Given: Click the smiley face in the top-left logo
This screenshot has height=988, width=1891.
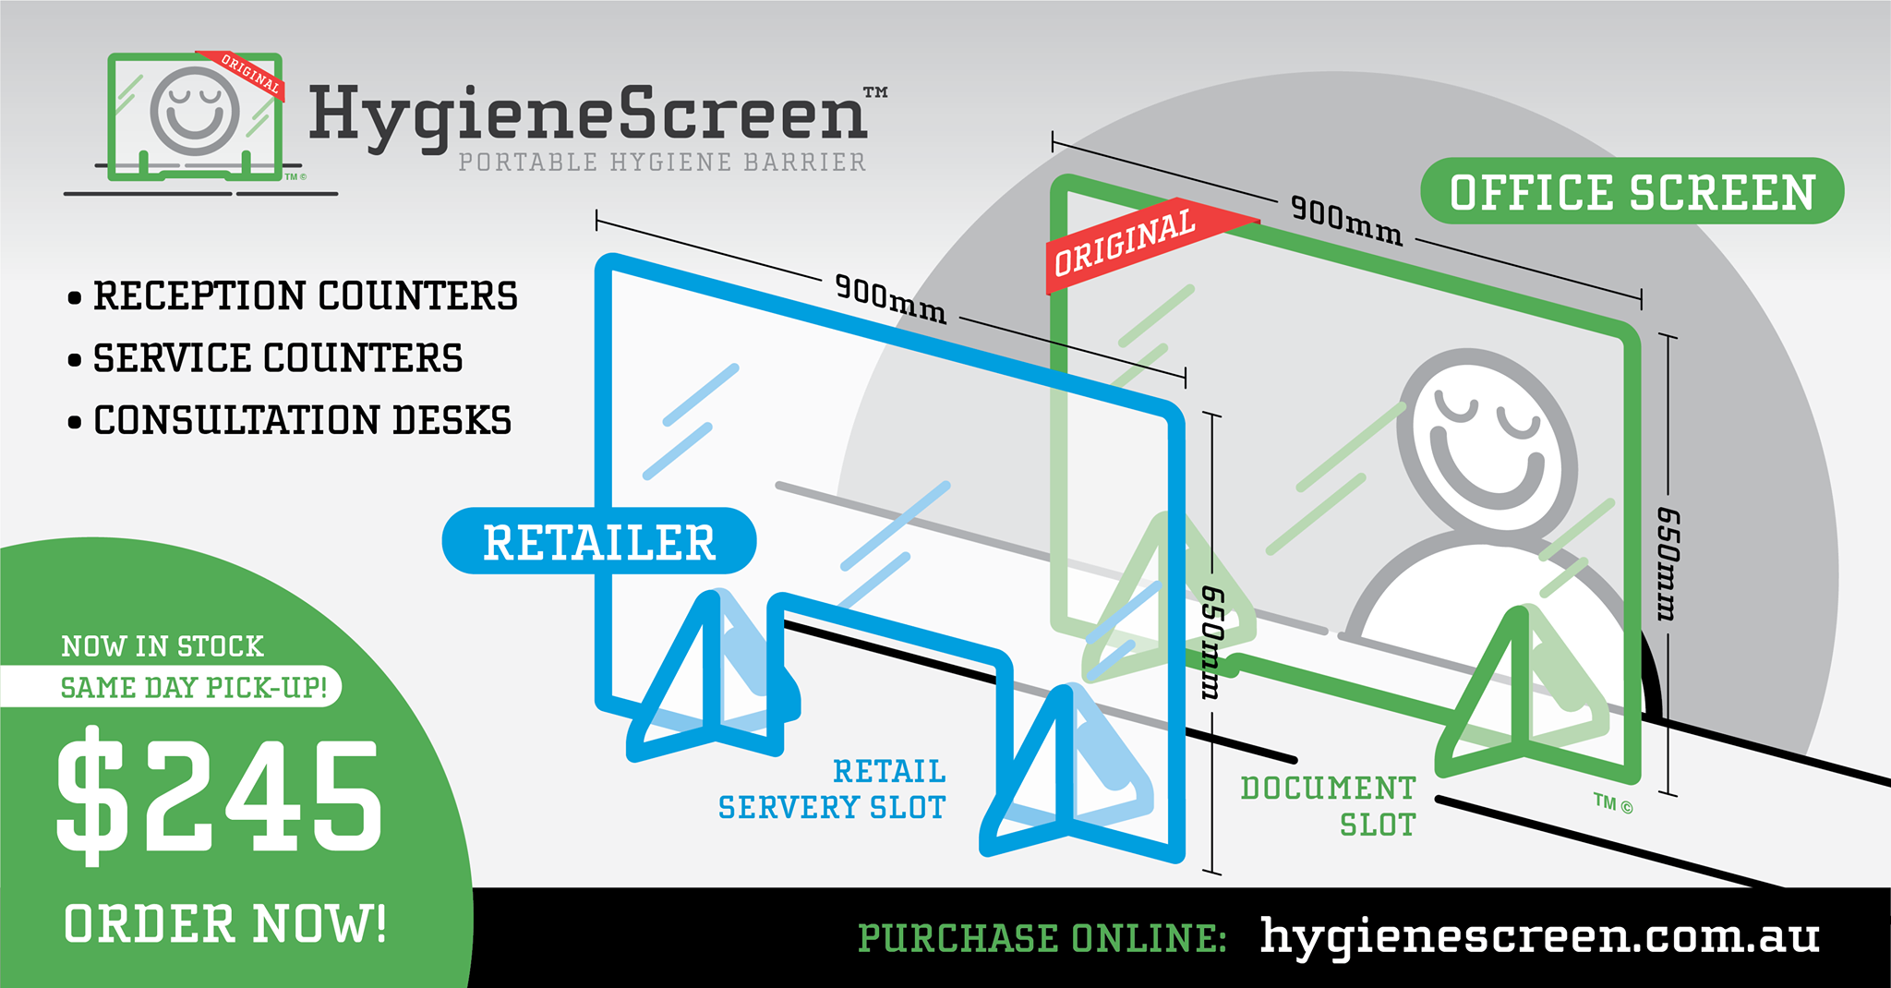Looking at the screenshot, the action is click(195, 110).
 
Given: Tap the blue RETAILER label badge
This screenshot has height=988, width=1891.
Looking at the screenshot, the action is click(599, 541).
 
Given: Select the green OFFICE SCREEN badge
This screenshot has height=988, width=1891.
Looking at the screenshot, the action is click(1632, 191).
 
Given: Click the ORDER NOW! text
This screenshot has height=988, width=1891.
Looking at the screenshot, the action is click(225, 924).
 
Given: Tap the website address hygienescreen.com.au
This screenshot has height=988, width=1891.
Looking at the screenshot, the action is click(1540, 936).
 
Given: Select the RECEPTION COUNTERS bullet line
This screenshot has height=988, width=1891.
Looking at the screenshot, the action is click(293, 296).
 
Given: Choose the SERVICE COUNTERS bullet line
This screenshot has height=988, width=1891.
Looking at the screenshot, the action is click(265, 358).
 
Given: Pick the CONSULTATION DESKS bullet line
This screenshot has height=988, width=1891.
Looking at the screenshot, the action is click(290, 420).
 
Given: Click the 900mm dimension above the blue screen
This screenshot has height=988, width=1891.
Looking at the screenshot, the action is click(891, 298).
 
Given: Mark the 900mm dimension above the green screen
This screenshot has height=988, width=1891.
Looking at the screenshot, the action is click(1346, 221).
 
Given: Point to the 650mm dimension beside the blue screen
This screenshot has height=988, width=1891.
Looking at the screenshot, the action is click(1211, 643).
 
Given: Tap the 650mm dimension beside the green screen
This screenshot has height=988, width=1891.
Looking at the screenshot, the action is click(1668, 564).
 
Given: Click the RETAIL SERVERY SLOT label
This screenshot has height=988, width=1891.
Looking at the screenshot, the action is click(832, 789).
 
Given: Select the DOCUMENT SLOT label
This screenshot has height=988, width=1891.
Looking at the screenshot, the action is click(1328, 806).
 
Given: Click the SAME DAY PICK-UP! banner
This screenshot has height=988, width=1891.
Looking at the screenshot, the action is click(194, 688).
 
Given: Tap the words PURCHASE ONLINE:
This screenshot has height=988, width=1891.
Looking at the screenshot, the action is click(1042, 938).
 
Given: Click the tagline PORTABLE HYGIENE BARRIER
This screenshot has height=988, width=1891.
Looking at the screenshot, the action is click(662, 163).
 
